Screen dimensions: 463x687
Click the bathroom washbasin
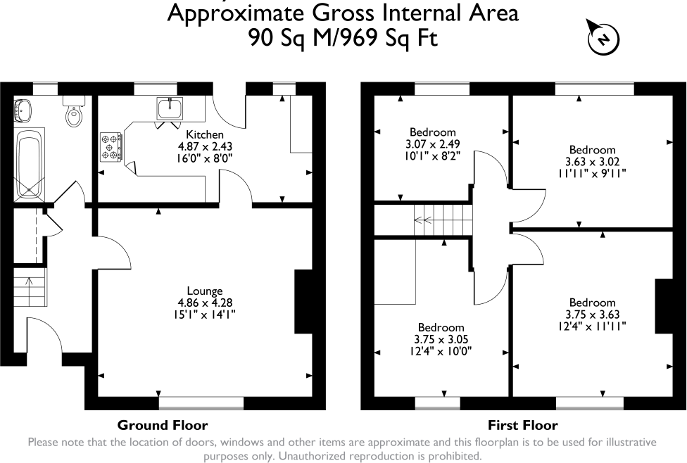[x=24, y=109]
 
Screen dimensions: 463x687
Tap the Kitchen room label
[x=205, y=134]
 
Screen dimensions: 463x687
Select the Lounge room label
[x=205, y=291]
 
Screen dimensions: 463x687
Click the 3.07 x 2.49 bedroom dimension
[x=433, y=144]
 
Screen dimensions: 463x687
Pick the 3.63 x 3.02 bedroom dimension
[x=592, y=161]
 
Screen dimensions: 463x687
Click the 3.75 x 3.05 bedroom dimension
[x=441, y=339]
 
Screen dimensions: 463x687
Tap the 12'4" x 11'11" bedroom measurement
[x=592, y=326]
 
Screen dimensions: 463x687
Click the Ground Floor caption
[x=163, y=425]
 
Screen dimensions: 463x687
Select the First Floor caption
[x=522, y=425]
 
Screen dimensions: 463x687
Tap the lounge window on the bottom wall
[x=201, y=403]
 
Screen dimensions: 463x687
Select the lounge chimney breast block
[x=303, y=301]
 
